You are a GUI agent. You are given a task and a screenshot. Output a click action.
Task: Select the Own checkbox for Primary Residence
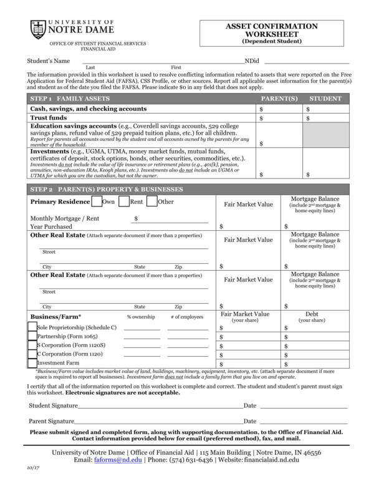[x=97, y=201]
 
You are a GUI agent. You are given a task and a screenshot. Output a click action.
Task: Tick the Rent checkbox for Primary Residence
[x=123, y=201]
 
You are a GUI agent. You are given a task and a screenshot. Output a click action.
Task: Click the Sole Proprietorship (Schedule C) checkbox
[x=32, y=327]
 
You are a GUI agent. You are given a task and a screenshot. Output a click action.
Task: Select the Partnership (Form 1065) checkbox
[x=32, y=336]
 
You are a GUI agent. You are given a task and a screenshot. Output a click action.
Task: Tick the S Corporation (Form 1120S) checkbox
[x=32, y=344]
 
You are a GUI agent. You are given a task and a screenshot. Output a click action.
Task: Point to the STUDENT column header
[x=325, y=99]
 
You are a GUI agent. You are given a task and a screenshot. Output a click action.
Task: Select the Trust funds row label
[x=49, y=117]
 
